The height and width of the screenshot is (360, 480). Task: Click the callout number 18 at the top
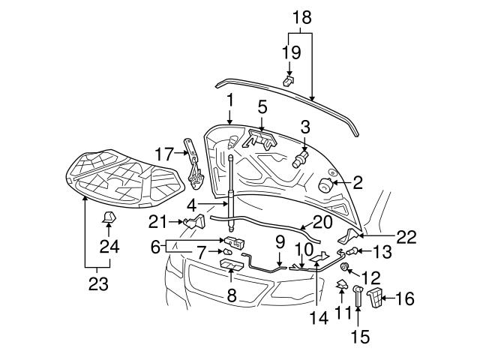pyautogui.click(x=300, y=16)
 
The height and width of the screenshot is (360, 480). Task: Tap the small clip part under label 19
pyautogui.click(x=289, y=79)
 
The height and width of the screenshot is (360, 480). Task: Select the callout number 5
pyautogui.click(x=262, y=106)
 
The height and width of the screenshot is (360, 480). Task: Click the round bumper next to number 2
pyautogui.click(x=326, y=185)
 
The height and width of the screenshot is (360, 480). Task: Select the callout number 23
pyautogui.click(x=97, y=284)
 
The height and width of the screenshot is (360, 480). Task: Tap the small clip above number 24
pyautogui.click(x=108, y=218)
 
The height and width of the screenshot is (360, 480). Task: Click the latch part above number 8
pyautogui.click(x=229, y=265)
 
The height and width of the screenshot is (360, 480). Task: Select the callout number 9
pyautogui.click(x=280, y=241)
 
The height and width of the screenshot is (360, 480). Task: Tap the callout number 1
pyautogui.click(x=229, y=98)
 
